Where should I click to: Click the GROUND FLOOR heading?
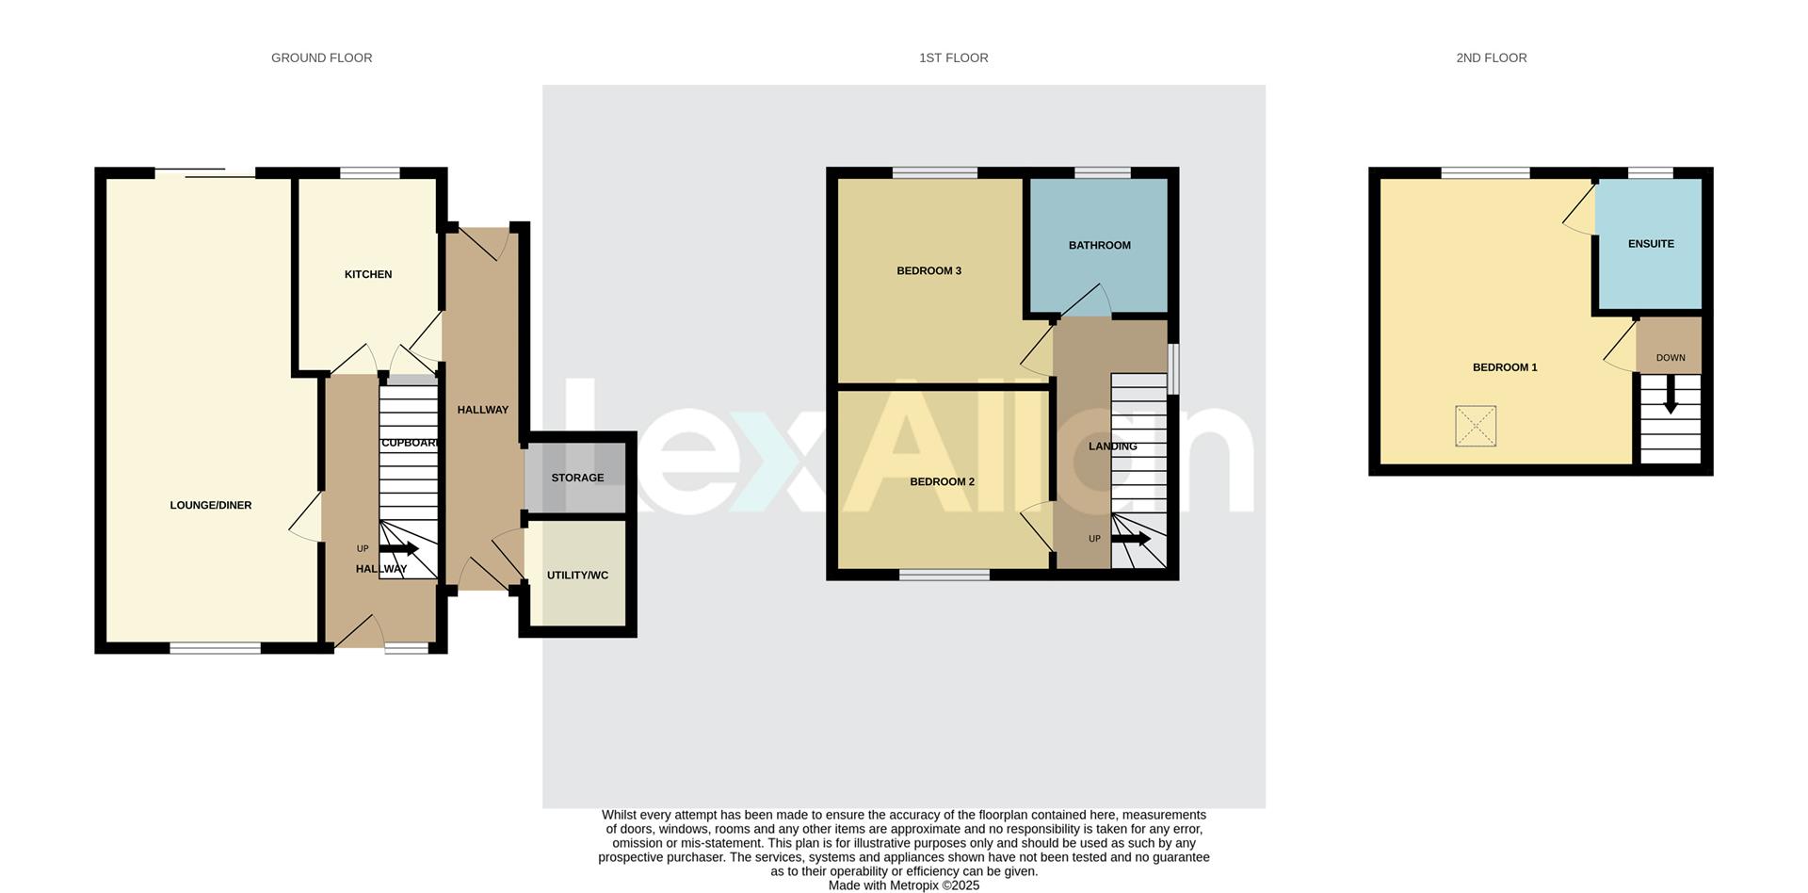321,58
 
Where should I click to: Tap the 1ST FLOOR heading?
953,58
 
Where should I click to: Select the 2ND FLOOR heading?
1491,58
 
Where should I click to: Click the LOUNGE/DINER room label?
211,506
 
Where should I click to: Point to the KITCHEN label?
368,275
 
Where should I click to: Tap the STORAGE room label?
577,479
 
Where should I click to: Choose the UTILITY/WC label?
577,576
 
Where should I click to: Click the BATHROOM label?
1099,246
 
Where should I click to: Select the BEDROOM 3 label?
928,271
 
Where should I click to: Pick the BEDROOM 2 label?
942,482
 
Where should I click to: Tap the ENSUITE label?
1651,244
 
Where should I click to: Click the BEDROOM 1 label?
1505,367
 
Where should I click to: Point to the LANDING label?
1112,446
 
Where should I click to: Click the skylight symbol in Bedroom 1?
1475,426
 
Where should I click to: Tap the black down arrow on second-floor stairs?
1671,395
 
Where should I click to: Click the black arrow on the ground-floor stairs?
399,548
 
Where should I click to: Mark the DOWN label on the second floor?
1671,358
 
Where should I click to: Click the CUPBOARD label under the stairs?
411,443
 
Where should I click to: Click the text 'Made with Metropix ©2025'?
903,885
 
